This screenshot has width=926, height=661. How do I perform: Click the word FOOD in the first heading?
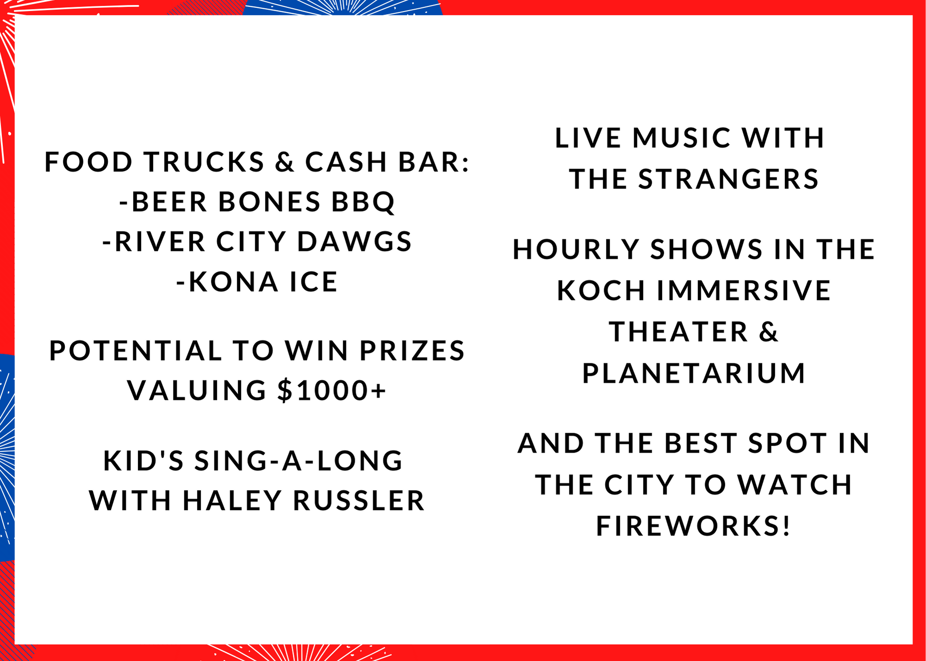coord(88,162)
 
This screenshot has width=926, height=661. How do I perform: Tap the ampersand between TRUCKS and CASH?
coord(284,162)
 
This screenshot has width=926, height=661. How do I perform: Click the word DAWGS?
coord(354,242)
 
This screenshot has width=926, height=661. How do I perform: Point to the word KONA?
coord(233,282)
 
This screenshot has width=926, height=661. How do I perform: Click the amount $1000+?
coord(332,390)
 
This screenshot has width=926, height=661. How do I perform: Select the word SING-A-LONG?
coord(299,461)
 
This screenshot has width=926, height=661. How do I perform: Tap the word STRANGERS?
coord(729,179)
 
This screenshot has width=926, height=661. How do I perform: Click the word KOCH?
coord(601,291)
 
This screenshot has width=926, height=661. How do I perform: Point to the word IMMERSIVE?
coord(744,291)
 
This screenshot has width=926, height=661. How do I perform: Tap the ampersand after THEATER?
coord(769,332)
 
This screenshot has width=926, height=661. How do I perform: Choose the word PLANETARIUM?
coord(694,373)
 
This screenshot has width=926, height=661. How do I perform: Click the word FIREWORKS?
coord(694,526)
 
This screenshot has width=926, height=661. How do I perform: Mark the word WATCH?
coord(795,485)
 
